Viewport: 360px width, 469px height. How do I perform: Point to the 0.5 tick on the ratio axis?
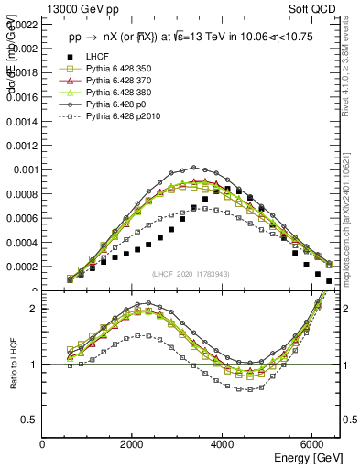30,420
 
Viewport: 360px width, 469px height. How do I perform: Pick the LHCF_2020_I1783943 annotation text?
191,275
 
